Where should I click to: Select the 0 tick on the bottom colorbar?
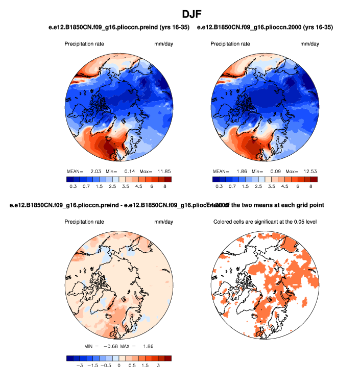(x=119, y=366)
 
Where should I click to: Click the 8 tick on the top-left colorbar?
(x=164, y=187)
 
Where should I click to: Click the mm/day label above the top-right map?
(x=309, y=44)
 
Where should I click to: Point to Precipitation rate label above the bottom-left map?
(x=84, y=222)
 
